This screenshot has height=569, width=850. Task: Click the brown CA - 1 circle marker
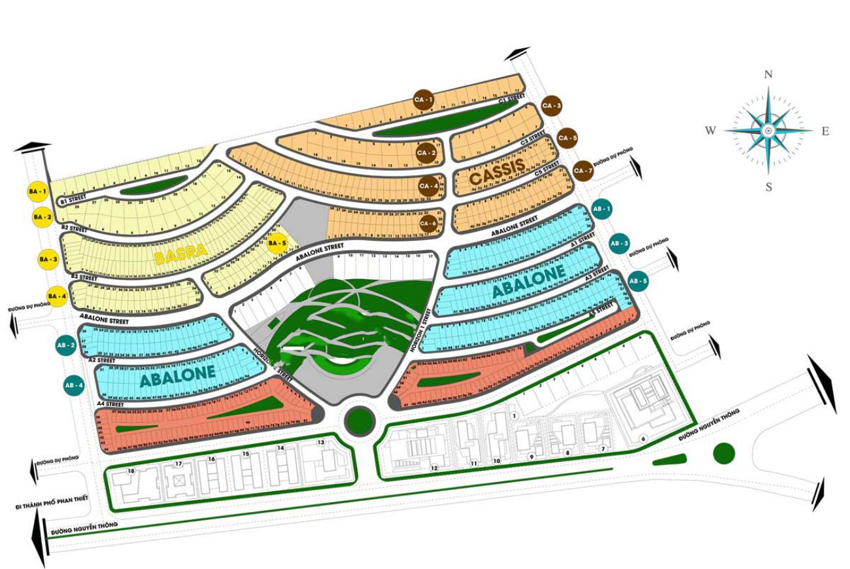[x=424, y=99]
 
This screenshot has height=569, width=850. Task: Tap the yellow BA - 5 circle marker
[x=277, y=243]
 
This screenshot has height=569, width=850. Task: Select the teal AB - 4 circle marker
[x=73, y=385]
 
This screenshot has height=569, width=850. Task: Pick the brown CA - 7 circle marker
[x=581, y=170]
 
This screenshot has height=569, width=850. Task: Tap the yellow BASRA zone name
[x=181, y=254]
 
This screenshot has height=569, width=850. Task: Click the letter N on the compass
[x=769, y=75]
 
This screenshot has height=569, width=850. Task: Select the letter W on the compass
[x=710, y=131]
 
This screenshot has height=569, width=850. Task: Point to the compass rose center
[x=769, y=131]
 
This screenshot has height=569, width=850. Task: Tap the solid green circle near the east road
[x=723, y=453]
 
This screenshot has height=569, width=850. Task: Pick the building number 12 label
[x=433, y=468]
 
